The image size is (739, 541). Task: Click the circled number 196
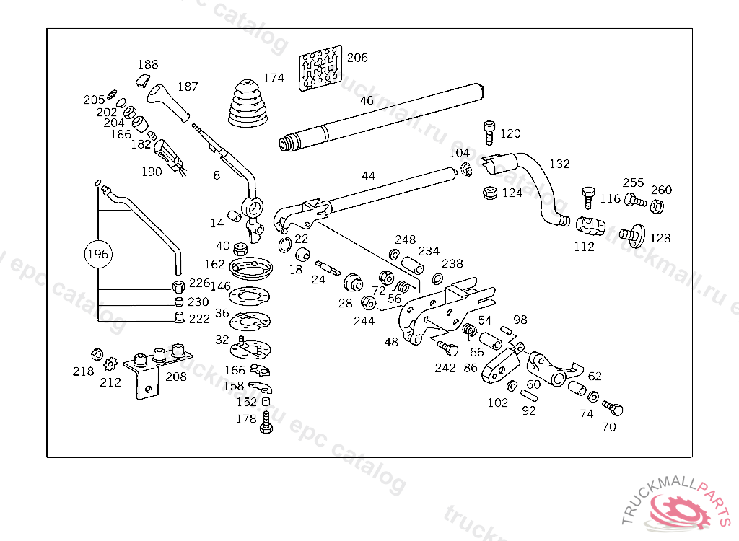tap(97, 254)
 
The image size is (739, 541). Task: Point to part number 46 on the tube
tap(367, 100)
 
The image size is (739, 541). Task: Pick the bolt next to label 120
tap(489, 132)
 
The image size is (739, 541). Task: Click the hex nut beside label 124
tap(489, 193)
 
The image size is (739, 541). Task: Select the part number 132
tap(559, 164)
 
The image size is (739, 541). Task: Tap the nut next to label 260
tap(657, 206)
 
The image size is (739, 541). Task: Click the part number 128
tap(660, 238)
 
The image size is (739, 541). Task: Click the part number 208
tap(176, 376)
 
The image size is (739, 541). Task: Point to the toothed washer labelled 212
tap(110, 364)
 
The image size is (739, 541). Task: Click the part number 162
tap(214, 265)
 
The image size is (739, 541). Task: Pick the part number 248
tap(405, 239)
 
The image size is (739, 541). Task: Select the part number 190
tap(152, 172)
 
